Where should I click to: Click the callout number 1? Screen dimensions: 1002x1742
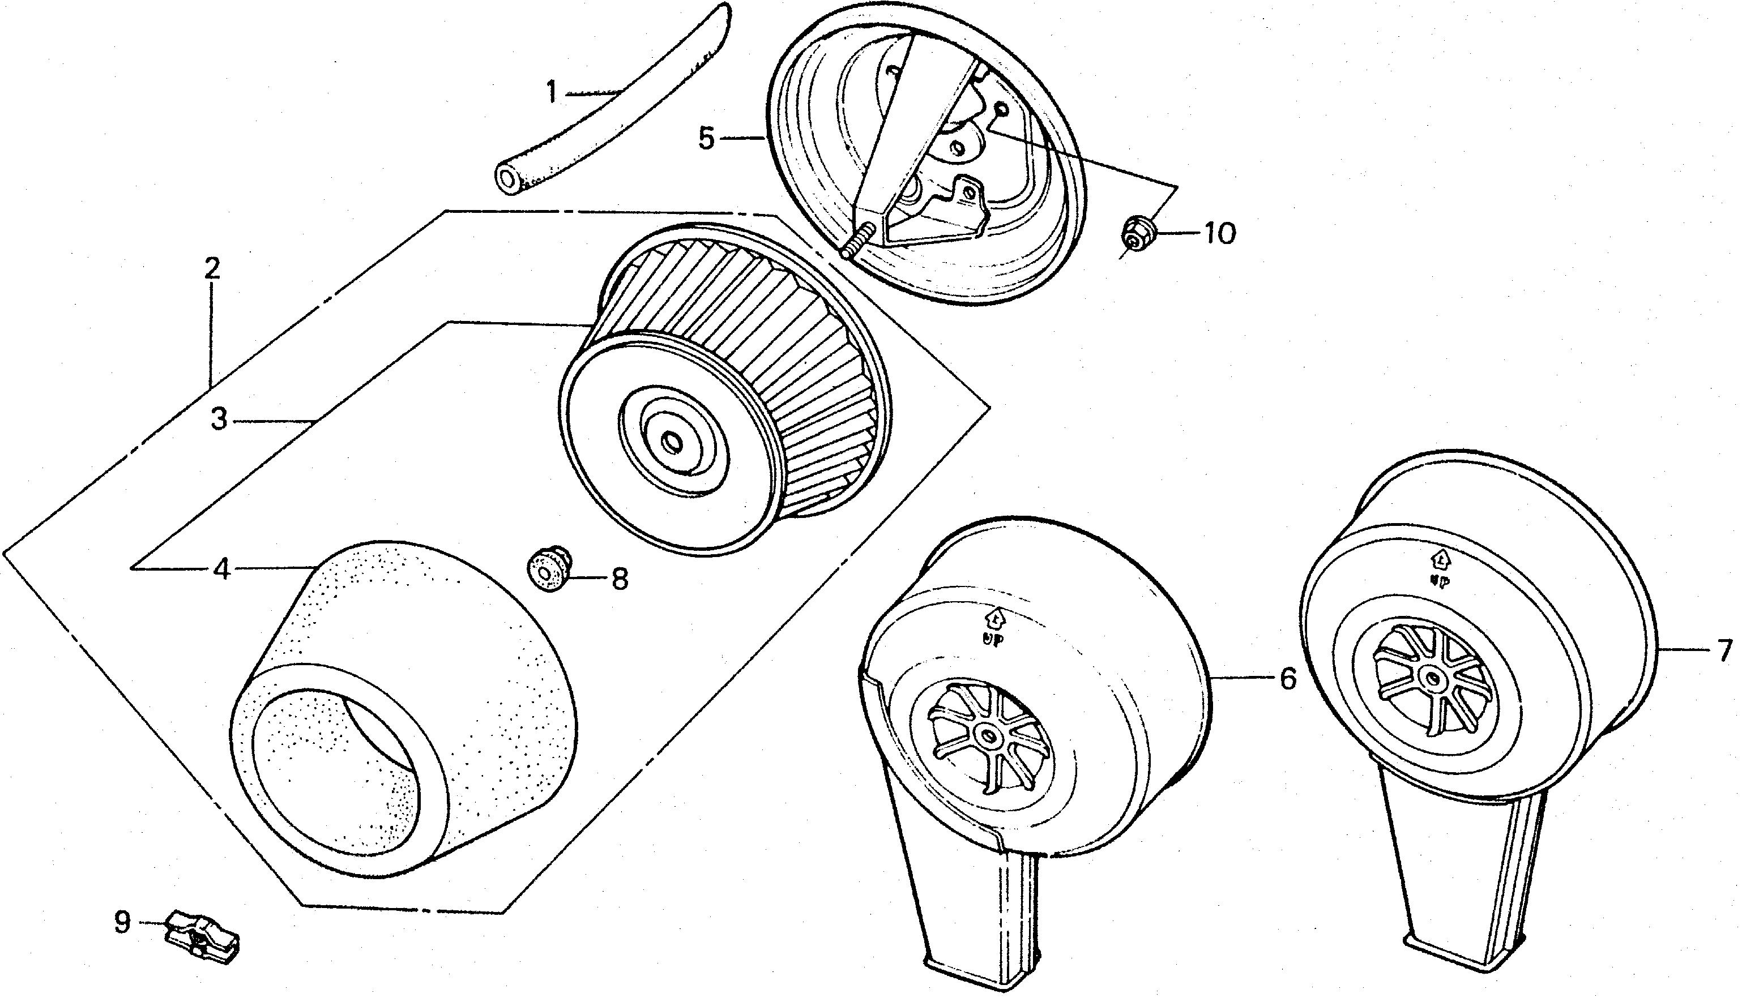tap(551, 92)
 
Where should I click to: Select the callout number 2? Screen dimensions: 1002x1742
tap(212, 268)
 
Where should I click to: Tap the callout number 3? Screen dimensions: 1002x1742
tap(219, 419)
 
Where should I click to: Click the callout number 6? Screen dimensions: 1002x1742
tap(1288, 679)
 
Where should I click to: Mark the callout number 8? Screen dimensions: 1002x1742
tap(620, 580)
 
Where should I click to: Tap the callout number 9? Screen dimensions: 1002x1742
tap(122, 922)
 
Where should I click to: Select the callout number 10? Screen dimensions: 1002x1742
tap(1220, 234)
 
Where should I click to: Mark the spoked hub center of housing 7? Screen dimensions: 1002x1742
tap(1432, 679)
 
